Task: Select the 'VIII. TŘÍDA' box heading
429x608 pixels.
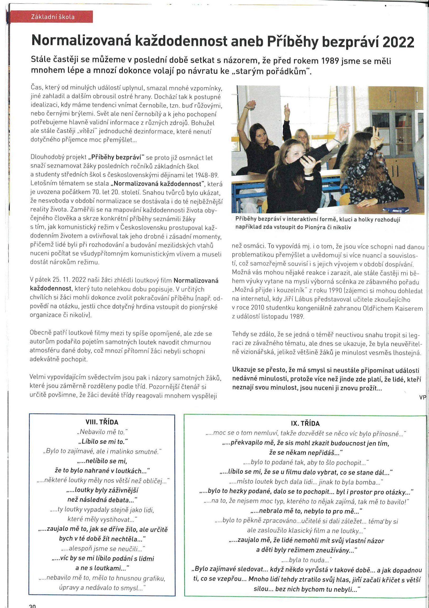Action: (102, 422)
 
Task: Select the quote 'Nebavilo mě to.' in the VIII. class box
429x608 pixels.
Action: (102, 432)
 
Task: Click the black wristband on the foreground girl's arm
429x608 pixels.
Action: (308, 175)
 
